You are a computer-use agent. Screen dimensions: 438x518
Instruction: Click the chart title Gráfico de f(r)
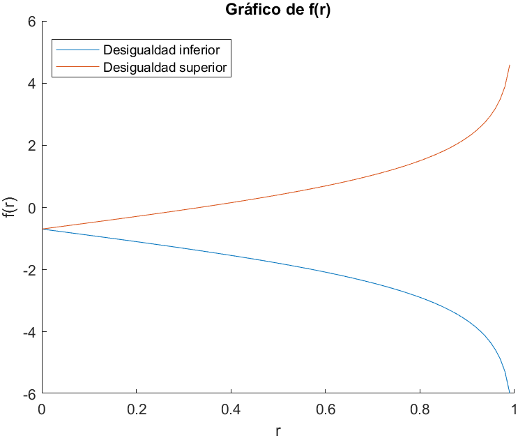point(277,10)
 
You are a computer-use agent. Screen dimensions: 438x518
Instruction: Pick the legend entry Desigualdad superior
point(166,68)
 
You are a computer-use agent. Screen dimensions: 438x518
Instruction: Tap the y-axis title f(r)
point(10,207)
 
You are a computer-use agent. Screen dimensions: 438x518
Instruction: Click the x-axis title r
point(278,430)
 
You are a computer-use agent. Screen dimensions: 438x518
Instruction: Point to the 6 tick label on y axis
point(31,22)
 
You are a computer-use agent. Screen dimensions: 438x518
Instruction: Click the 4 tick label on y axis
point(31,84)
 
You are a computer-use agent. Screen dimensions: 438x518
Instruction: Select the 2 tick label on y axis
point(31,146)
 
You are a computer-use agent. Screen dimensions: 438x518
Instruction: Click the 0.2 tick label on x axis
point(137,409)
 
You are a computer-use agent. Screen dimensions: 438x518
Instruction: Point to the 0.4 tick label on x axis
point(231,409)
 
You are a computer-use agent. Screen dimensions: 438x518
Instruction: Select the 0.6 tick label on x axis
point(326,409)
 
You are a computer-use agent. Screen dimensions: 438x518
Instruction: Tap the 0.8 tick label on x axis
point(420,409)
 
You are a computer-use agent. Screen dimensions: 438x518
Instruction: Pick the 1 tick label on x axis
point(515,409)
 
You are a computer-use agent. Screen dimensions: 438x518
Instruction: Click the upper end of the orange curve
point(510,65)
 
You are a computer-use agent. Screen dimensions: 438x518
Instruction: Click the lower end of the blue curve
point(510,393)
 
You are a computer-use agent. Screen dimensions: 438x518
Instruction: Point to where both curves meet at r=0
point(43,229)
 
